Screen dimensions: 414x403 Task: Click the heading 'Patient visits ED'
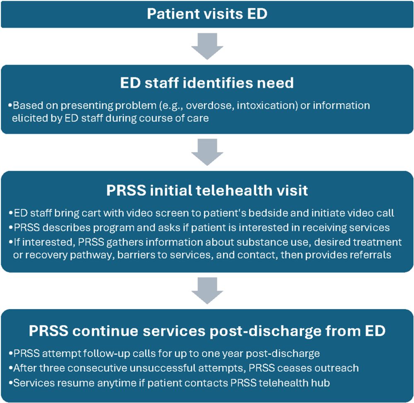[207, 14]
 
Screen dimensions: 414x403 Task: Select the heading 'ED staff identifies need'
[207, 83]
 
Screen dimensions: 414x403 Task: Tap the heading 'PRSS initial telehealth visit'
[207, 190]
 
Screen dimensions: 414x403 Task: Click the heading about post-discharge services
[207, 330]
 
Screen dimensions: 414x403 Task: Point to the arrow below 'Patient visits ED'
[207, 46]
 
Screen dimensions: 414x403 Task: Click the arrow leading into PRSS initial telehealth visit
[207, 152]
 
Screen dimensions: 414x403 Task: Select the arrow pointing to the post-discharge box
[207, 291]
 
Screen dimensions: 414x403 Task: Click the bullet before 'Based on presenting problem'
[10, 106]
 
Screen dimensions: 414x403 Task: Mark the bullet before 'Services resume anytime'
[11, 383]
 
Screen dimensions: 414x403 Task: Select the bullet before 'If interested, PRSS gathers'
[11, 242]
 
